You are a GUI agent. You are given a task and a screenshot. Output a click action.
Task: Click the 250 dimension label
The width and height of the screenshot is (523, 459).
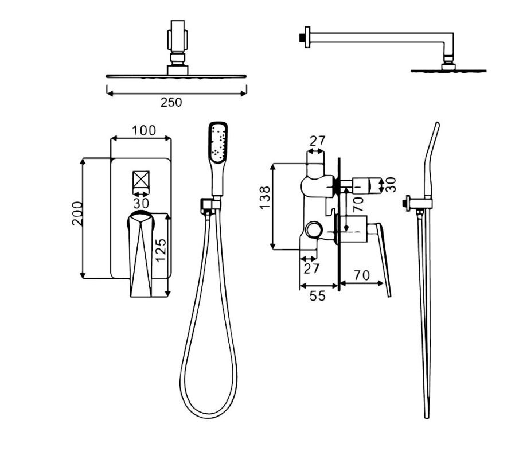tap(171, 102)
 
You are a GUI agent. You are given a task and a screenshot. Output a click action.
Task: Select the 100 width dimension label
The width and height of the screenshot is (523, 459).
tap(144, 130)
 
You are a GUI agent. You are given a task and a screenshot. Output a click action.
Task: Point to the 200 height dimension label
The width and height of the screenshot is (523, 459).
tap(77, 213)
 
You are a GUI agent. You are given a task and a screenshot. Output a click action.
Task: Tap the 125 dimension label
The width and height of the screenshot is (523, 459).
tap(161, 250)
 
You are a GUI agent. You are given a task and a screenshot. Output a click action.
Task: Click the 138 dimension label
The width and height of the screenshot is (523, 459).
tap(265, 198)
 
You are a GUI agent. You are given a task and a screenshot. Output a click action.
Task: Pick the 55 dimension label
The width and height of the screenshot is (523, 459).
tap(317, 295)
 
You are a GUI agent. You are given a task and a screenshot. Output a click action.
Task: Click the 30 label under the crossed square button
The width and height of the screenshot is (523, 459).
tap(140, 203)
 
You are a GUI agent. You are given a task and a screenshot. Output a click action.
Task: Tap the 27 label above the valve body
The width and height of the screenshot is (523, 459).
tap(317, 141)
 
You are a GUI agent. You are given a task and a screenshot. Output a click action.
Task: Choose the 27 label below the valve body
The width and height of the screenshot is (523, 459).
tap(311, 269)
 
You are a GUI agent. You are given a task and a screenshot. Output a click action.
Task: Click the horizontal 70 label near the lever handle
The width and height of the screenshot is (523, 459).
tap(362, 275)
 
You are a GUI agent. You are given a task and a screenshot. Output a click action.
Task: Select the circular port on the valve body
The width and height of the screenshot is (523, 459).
tap(314, 230)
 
